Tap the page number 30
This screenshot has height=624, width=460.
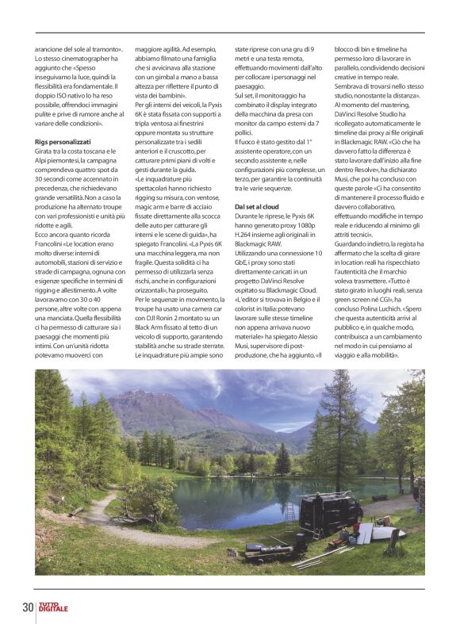coord(28,608)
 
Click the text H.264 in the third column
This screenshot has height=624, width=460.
coord(248,235)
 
